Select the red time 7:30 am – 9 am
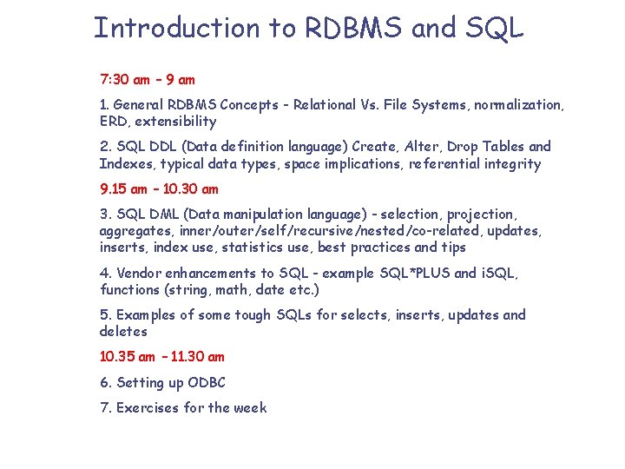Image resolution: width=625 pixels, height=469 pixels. [x=148, y=80]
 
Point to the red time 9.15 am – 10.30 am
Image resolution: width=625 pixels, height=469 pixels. [x=159, y=188]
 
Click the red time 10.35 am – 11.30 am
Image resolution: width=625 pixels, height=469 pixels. [x=162, y=356]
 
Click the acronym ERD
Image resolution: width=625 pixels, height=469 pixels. [x=114, y=122]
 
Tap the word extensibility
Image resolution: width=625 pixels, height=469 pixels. [x=175, y=122]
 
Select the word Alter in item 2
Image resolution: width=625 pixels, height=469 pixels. [x=423, y=147]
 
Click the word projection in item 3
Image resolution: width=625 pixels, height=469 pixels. [x=482, y=214]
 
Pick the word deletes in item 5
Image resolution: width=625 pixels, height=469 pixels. [x=123, y=332]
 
